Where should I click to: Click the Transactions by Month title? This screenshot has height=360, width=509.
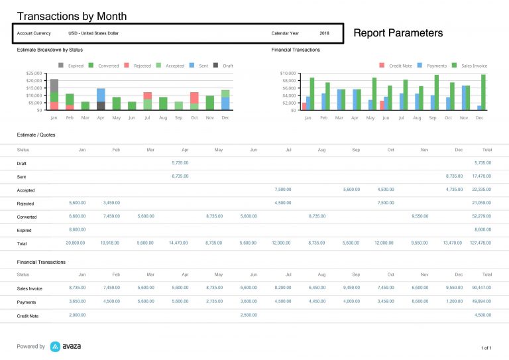point(72,16)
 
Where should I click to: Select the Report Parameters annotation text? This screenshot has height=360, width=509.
point(398,32)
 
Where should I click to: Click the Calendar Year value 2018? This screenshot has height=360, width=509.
point(324,33)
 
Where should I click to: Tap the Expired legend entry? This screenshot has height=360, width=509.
point(72,66)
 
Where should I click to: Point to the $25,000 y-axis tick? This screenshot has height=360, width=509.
point(34,74)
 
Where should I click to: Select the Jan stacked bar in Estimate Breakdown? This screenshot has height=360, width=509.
point(54,94)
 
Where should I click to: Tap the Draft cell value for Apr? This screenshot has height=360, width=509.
point(180,162)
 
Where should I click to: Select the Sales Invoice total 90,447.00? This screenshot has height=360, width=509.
point(480,288)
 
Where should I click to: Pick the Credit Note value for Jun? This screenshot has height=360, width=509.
point(249,316)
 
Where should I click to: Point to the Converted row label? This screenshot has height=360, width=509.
point(27,217)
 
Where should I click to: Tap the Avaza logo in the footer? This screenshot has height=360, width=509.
point(66,346)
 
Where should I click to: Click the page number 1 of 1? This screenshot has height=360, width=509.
point(485,347)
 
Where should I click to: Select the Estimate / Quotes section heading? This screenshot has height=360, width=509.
point(36,135)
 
